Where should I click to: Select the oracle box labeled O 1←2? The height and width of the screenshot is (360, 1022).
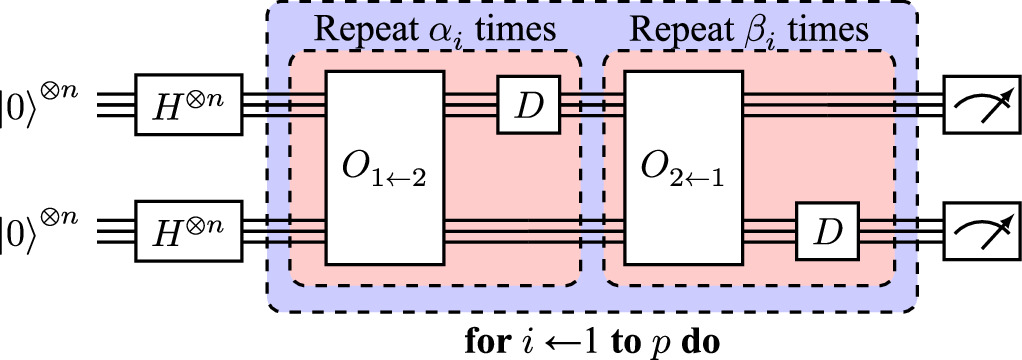click(385, 167)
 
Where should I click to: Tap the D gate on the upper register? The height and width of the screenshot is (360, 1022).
click(527, 104)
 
